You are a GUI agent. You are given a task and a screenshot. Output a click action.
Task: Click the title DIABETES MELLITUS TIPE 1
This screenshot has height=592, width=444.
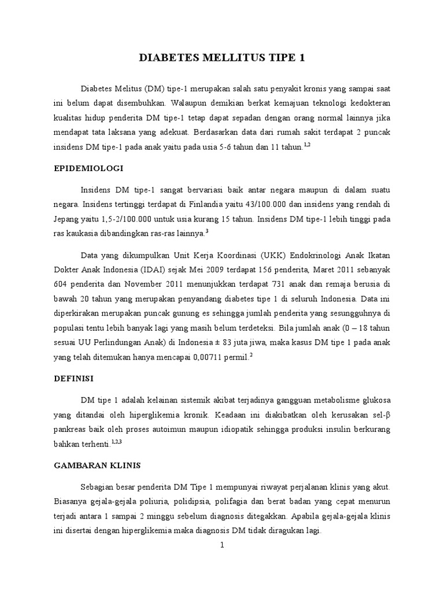click(222, 58)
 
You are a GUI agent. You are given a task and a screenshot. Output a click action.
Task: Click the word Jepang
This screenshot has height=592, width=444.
click(66, 219)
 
